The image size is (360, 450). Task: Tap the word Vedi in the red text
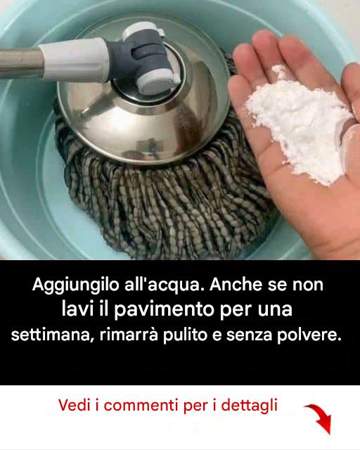75,405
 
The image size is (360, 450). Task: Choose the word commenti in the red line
141,405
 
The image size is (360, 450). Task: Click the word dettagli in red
249,406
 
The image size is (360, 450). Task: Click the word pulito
185,335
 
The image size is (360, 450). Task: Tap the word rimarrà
129,335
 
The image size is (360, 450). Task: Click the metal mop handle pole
20,63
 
